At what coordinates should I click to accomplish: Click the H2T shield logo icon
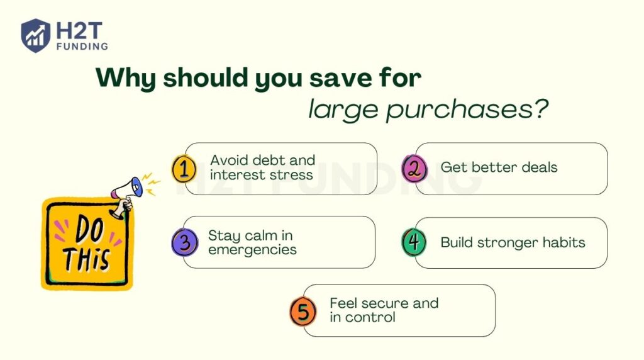tap(35, 35)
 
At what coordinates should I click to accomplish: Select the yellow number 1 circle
tap(184, 169)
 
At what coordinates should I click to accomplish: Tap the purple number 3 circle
tap(184, 243)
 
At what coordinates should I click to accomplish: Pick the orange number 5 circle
tap(303, 311)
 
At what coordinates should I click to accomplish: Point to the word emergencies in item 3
tap(252, 249)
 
